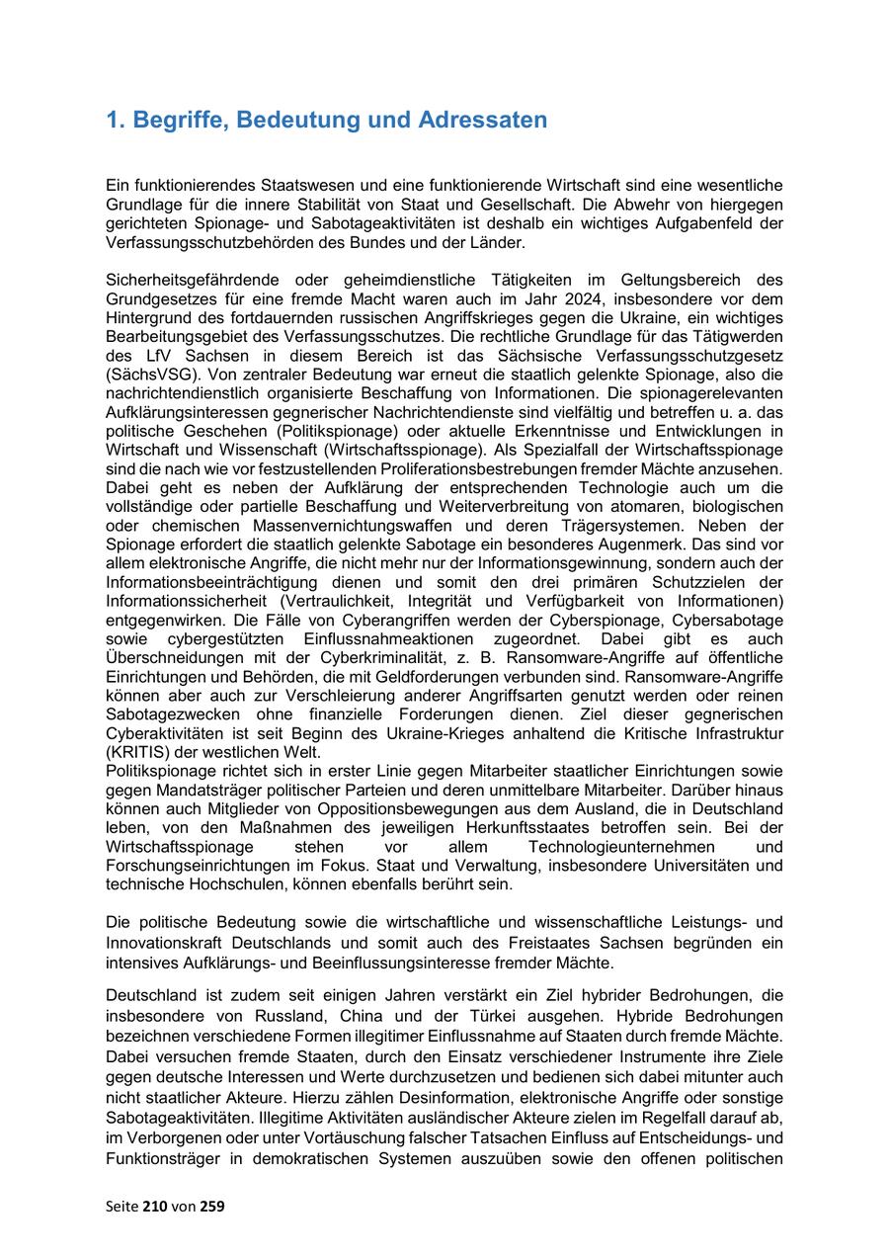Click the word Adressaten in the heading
pyautogui.click(x=482, y=121)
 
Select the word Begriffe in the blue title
pyautogui.click(x=175, y=121)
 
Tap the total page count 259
pyautogui.click(x=211, y=1206)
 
